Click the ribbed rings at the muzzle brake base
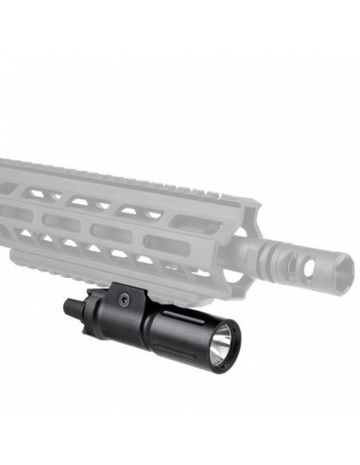tap(274, 249)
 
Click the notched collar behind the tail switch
tap(88, 303)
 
